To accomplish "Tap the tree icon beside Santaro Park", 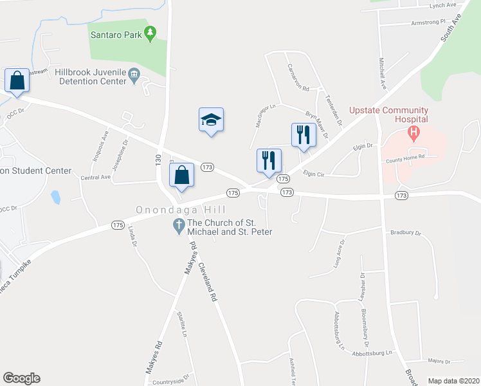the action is click(x=150, y=33).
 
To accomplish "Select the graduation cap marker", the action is click(x=211, y=120).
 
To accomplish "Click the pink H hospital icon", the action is click(x=414, y=133).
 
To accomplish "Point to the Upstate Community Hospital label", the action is click(x=388, y=115).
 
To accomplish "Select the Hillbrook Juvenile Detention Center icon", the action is click(x=134, y=75).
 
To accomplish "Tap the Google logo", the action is click(x=21, y=378).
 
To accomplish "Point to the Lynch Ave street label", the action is click(x=442, y=5).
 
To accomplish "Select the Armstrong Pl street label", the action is click(x=428, y=22).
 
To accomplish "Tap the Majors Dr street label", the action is click(x=435, y=362).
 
